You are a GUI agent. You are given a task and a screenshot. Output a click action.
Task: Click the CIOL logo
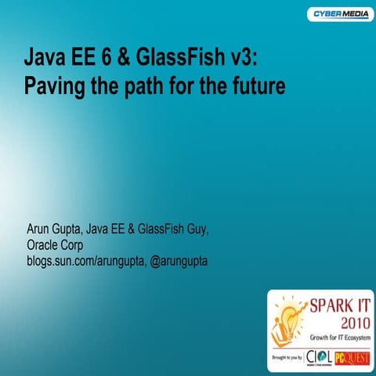click(320, 356)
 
